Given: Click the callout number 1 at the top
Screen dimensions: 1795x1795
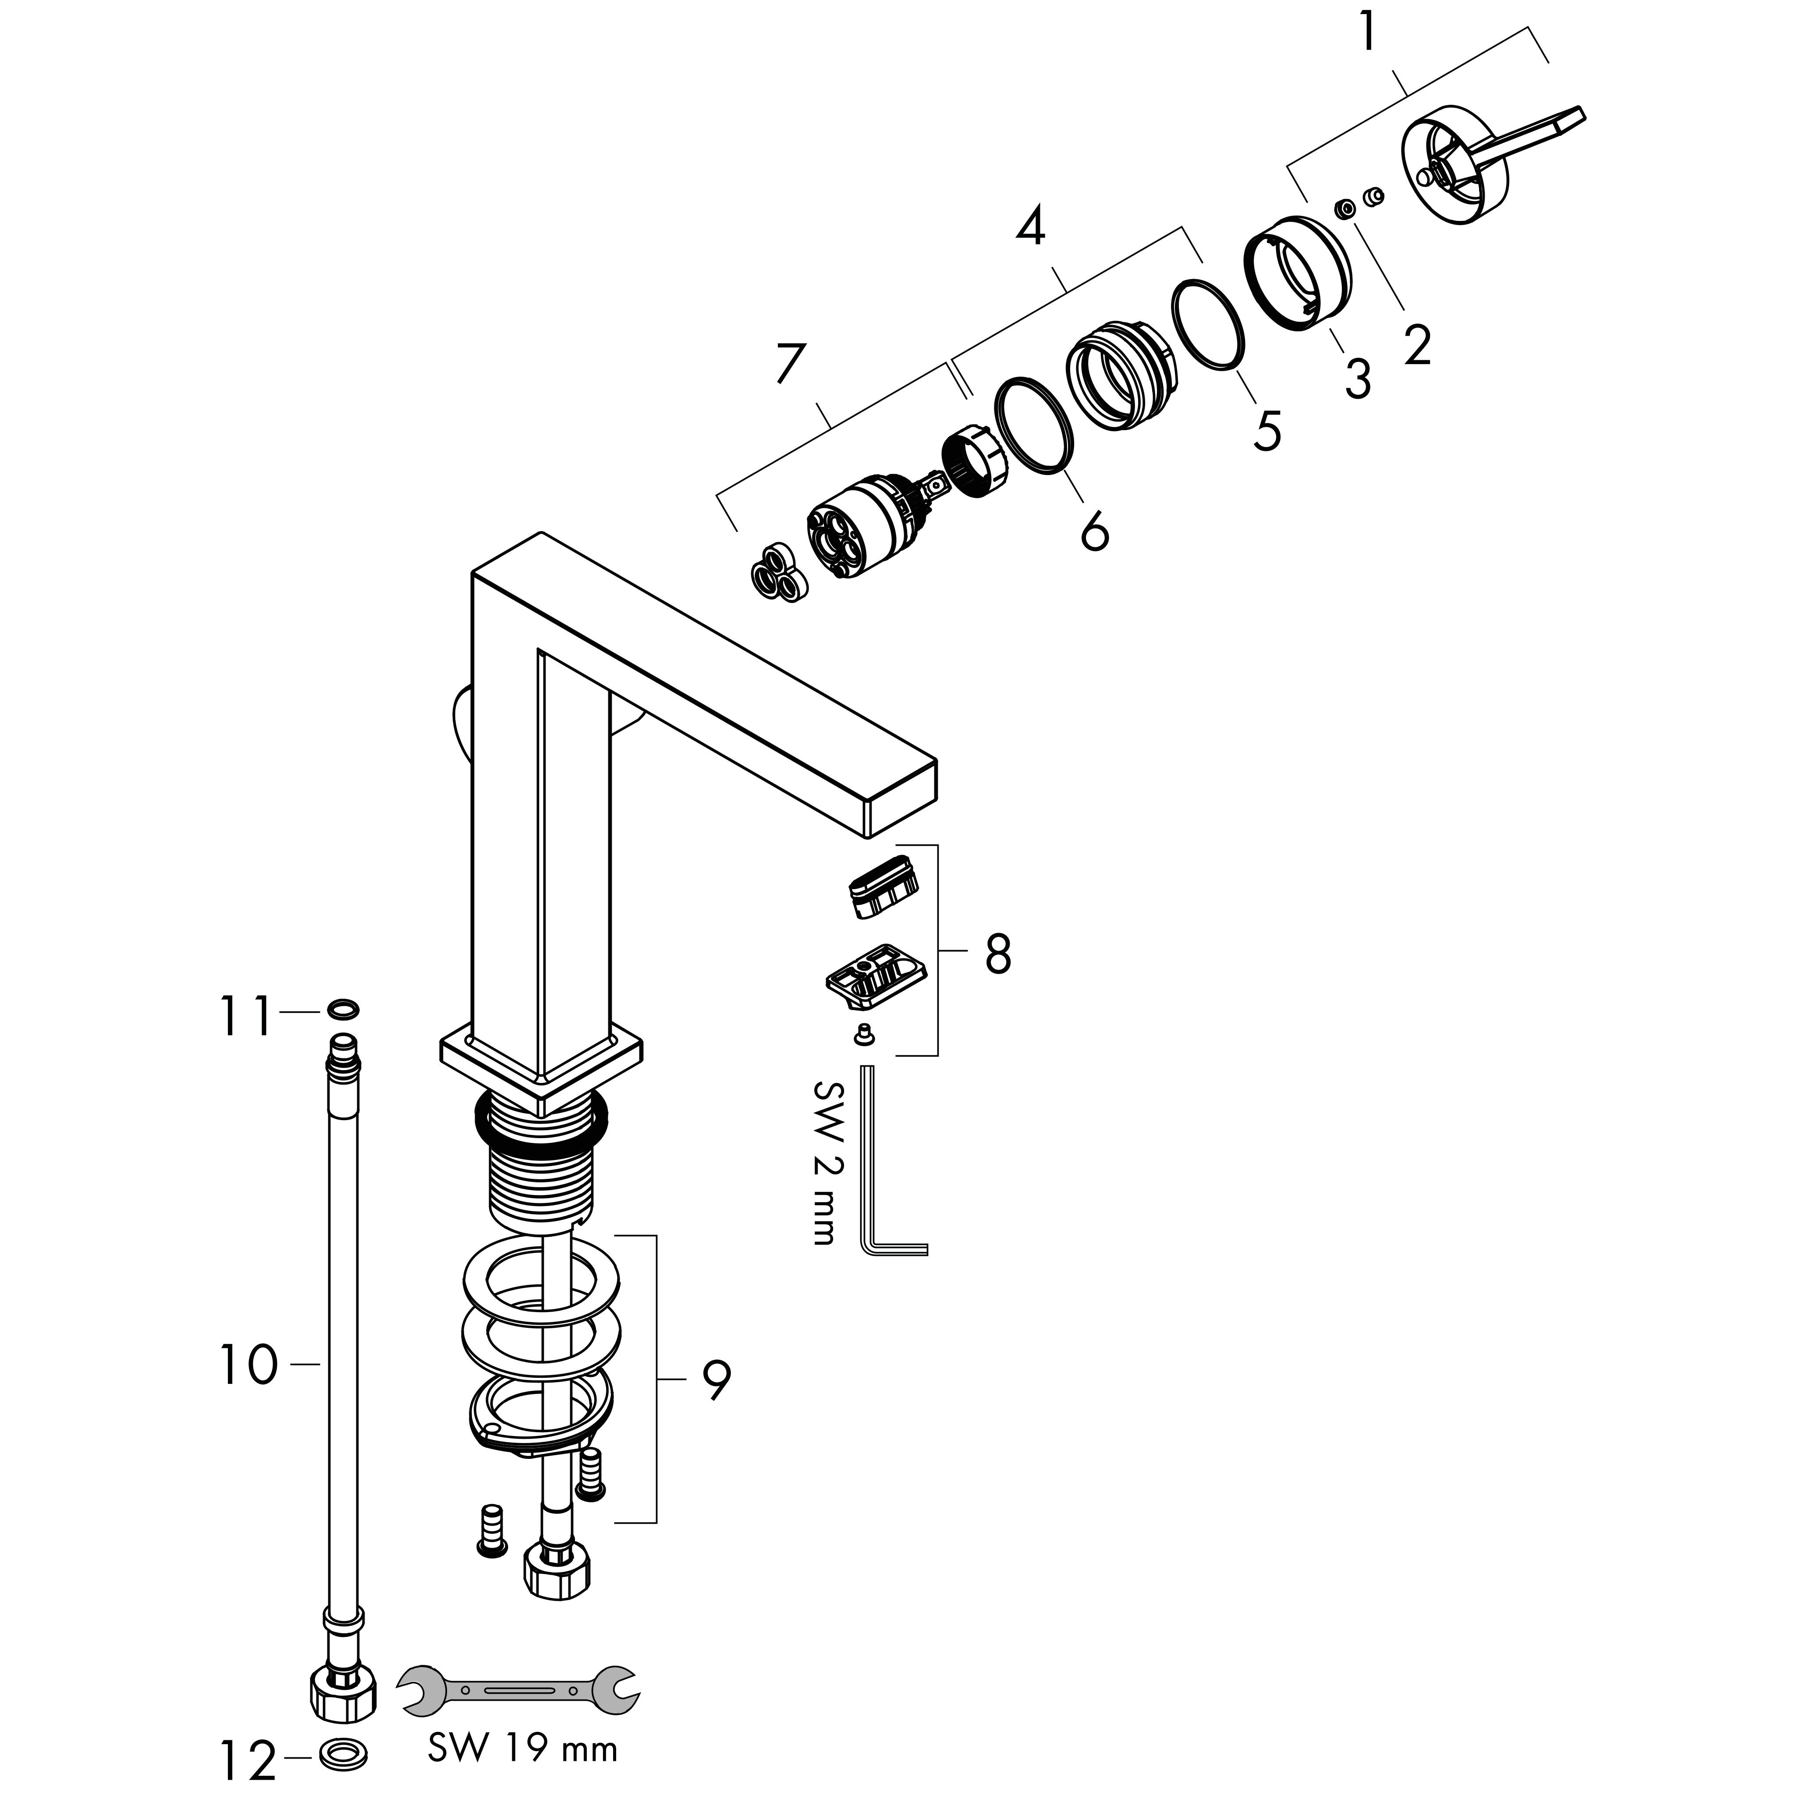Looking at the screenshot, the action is click(1368, 33).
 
